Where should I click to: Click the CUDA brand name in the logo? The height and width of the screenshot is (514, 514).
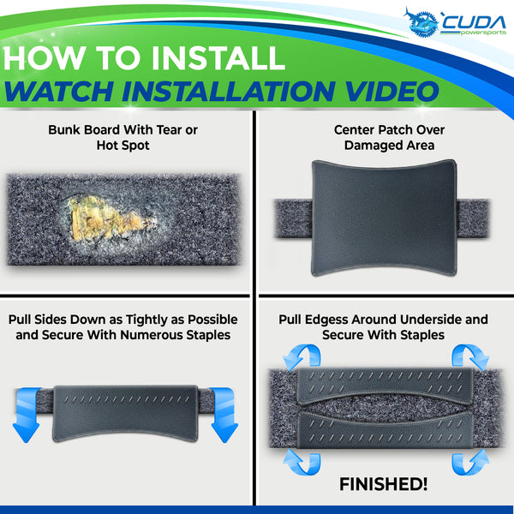pyautogui.click(x=475, y=22)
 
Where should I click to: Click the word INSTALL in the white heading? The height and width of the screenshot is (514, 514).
pyautogui.click(x=218, y=57)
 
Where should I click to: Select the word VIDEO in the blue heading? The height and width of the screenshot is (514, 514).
pyautogui.click(x=391, y=91)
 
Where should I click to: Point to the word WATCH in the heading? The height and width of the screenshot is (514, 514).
pyautogui.click(x=59, y=91)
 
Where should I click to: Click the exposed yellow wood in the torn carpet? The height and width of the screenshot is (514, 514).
pyautogui.click(x=106, y=218)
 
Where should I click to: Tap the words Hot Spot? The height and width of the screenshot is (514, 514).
pyautogui.click(x=123, y=146)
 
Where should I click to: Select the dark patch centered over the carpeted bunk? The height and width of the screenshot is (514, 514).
pyautogui.click(x=384, y=218)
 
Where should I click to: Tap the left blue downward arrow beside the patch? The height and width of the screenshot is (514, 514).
pyautogui.click(x=27, y=415)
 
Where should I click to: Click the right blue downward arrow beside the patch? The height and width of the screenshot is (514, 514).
pyautogui.click(x=224, y=415)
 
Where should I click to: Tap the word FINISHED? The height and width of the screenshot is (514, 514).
pyautogui.click(x=383, y=484)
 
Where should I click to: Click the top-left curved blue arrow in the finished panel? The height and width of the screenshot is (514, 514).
pyautogui.click(x=302, y=356)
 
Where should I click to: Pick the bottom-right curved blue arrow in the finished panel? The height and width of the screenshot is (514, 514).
pyautogui.click(x=470, y=463)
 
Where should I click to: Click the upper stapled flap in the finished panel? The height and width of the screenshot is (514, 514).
pyautogui.click(x=385, y=385)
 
